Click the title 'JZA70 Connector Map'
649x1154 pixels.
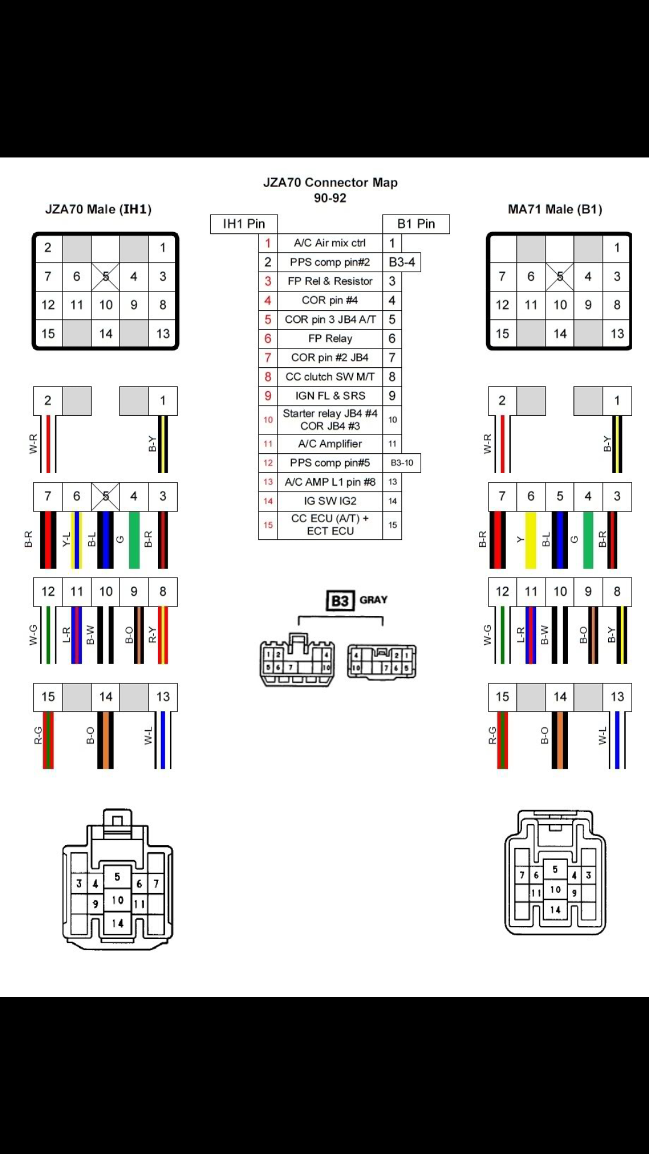[x=330, y=182]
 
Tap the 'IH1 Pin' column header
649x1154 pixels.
[x=243, y=224]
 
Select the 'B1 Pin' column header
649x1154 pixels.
[x=416, y=224]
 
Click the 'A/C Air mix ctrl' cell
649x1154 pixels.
[x=329, y=243]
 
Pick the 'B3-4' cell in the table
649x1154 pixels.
[x=401, y=262]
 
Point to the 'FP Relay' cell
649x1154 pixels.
[x=329, y=338]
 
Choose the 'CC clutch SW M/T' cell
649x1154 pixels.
[x=329, y=377]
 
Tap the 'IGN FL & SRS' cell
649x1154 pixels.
[x=329, y=395]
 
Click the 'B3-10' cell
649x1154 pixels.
[x=401, y=463]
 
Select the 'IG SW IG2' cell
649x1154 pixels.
[x=329, y=501]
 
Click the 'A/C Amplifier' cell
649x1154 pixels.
[x=329, y=444]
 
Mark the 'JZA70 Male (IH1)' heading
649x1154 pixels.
[x=99, y=209]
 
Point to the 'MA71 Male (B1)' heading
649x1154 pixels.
[x=555, y=209]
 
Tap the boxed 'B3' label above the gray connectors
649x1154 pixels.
[x=340, y=601]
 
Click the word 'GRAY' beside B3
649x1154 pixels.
[x=373, y=600]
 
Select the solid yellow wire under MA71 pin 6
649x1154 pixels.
[x=531, y=540]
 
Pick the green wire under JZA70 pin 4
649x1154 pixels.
[x=134, y=540]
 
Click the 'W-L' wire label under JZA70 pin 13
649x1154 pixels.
[x=148, y=736]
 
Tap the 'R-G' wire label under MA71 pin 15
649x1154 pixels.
[x=492, y=736]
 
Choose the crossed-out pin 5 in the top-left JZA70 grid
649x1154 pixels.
[x=105, y=276]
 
